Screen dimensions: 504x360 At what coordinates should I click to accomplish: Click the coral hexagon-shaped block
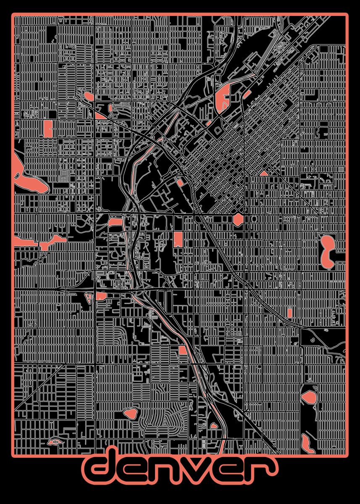[x=238, y=219]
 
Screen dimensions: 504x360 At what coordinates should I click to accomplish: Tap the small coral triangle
[x=264, y=173]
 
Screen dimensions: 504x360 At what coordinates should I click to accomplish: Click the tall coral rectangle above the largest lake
[x=48, y=128]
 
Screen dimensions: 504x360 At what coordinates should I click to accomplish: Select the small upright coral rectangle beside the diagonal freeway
[x=289, y=312]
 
